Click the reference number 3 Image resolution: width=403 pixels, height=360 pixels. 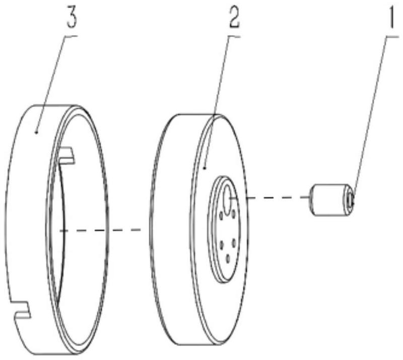[x=72, y=18]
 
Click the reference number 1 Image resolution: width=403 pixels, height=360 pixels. [x=391, y=17]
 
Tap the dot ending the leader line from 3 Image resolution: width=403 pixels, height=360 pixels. [x=36, y=132]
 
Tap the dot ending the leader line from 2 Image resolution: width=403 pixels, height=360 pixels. [x=205, y=168]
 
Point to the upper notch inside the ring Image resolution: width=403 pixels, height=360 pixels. [x=66, y=155]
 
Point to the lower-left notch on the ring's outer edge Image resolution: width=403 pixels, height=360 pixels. [x=20, y=309]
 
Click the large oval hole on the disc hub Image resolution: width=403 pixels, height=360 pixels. [x=227, y=200]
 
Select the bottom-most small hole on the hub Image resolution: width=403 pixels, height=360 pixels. [x=228, y=259]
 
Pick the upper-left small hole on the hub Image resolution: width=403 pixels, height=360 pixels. [x=221, y=215]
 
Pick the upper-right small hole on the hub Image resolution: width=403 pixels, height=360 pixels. [x=233, y=214]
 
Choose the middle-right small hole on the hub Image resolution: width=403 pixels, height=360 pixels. [x=234, y=243]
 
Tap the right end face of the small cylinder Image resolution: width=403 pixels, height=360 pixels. [x=350, y=199]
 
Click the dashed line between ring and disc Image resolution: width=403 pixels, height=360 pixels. [x=100, y=230]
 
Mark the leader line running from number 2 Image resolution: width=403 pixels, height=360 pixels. [x=217, y=103]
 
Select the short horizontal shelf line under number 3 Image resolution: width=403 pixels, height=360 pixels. [x=71, y=36]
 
